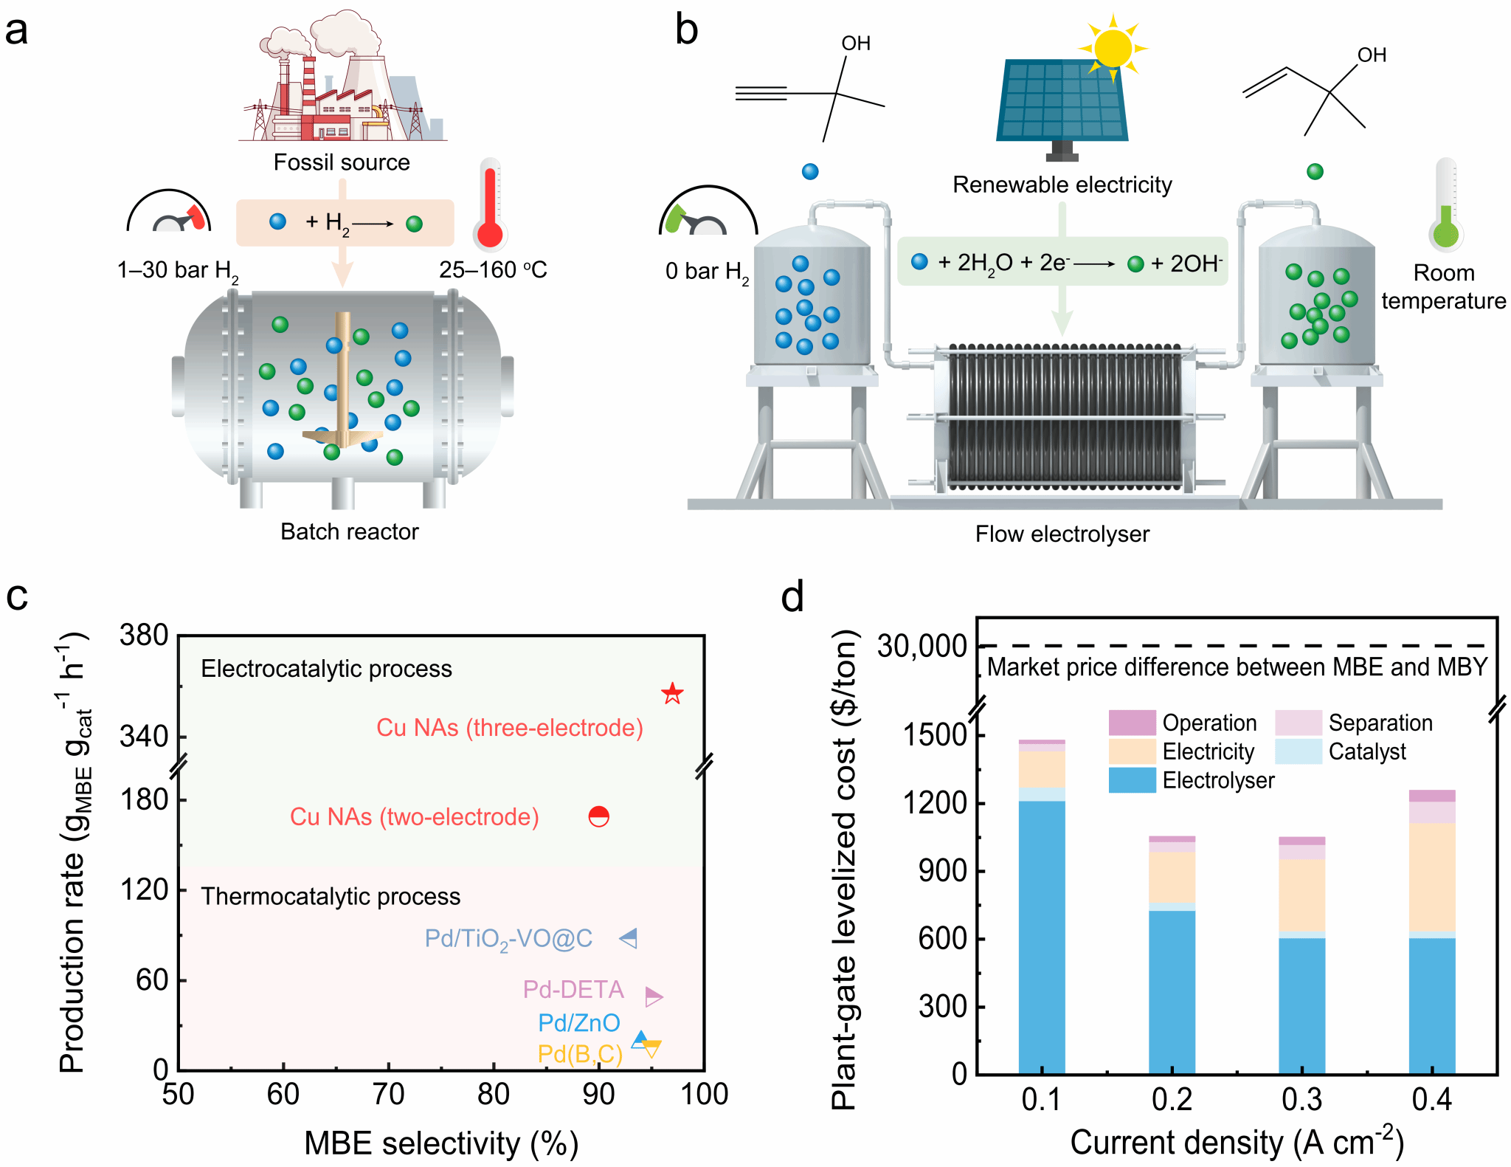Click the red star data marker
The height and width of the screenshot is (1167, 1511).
coord(672,693)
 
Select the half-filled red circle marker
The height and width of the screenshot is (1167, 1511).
coord(598,816)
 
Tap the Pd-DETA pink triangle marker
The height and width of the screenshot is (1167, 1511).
coord(653,996)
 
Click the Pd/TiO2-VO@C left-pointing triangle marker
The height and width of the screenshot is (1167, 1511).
coord(629,938)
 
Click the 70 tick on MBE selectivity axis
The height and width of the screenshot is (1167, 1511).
coord(388,1094)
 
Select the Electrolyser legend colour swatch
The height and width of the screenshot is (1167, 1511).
coord(1132,780)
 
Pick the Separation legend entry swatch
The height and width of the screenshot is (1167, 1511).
coord(1298,723)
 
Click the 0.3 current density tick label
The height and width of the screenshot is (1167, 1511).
coord(1302,1100)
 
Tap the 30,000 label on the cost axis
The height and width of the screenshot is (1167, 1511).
coord(922,647)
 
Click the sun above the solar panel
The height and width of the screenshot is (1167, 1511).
coord(1113,48)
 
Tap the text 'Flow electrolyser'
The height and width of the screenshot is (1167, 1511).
coord(1062,534)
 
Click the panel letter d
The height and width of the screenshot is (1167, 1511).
coord(792,596)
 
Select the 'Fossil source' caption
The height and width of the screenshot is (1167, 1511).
coord(342,162)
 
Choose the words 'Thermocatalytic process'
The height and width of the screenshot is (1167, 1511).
coord(331,896)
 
